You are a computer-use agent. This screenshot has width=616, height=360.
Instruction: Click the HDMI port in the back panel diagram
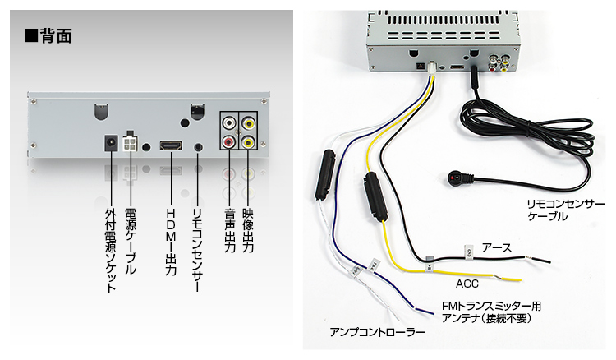click(x=170, y=145)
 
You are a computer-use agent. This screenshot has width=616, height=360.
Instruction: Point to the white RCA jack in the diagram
click(x=228, y=123)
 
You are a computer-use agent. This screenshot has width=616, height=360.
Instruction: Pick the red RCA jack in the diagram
click(x=228, y=142)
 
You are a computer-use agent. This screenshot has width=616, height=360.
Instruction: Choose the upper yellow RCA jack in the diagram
click(x=247, y=123)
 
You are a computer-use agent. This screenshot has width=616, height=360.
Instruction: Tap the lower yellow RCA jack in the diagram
click(x=247, y=142)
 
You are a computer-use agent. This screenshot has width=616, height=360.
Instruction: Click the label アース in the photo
click(x=497, y=247)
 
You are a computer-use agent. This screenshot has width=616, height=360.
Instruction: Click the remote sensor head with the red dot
click(x=455, y=175)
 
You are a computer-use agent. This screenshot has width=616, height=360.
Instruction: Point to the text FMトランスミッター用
click(x=491, y=306)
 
